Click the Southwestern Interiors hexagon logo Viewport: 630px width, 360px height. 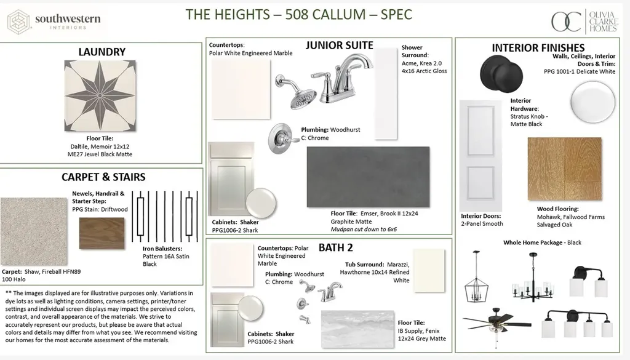tap(19, 22)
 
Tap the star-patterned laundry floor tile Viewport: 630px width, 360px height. tap(100, 95)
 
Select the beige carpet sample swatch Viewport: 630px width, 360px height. tap(34, 231)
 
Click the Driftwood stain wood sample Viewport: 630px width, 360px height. tap(102, 233)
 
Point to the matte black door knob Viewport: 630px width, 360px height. tap(502, 74)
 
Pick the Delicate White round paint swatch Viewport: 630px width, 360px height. tap(592, 102)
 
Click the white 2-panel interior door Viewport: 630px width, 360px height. tap(480, 156)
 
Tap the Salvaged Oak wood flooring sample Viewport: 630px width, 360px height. tap(565, 169)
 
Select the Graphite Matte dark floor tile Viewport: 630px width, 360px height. tap(368, 177)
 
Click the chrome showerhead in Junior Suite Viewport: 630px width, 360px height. tap(297, 92)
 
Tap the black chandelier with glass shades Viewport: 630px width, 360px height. tap(533, 278)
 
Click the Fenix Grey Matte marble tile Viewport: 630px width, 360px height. tap(357, 329)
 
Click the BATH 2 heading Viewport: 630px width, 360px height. tap(336, 247)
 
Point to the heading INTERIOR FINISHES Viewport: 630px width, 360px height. tap(538, 48)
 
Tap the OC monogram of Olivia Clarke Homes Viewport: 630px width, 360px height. tap(567, 22)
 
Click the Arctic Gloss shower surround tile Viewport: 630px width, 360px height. tap(386, 94)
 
